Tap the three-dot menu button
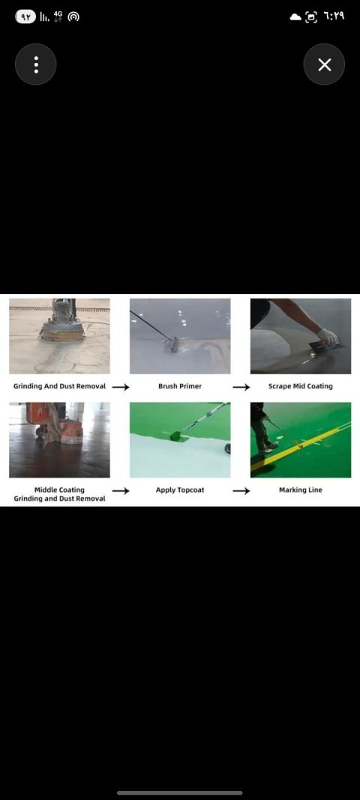36,64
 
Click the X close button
324,64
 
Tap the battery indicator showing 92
25,16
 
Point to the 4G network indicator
58,16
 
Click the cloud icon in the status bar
295,16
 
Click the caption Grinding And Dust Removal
60,386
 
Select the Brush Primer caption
180,386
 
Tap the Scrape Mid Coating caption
300,386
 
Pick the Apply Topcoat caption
180,490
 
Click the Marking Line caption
300,490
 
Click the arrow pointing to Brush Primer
121,387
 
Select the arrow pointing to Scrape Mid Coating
241,387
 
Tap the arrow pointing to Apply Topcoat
121,491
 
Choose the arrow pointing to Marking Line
241,491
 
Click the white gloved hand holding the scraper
327,336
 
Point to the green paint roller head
175,435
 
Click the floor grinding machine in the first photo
62,322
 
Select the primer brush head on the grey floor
171,345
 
